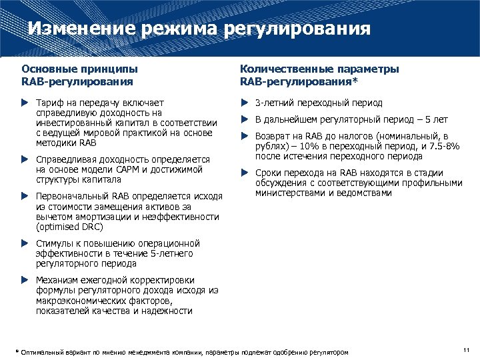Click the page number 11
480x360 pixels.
[x=465, y=349]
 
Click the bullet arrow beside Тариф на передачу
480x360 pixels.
[x=25, y=103]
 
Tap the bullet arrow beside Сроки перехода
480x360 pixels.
[x=244, y=173]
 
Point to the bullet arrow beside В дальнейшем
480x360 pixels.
[x=244, y=120]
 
